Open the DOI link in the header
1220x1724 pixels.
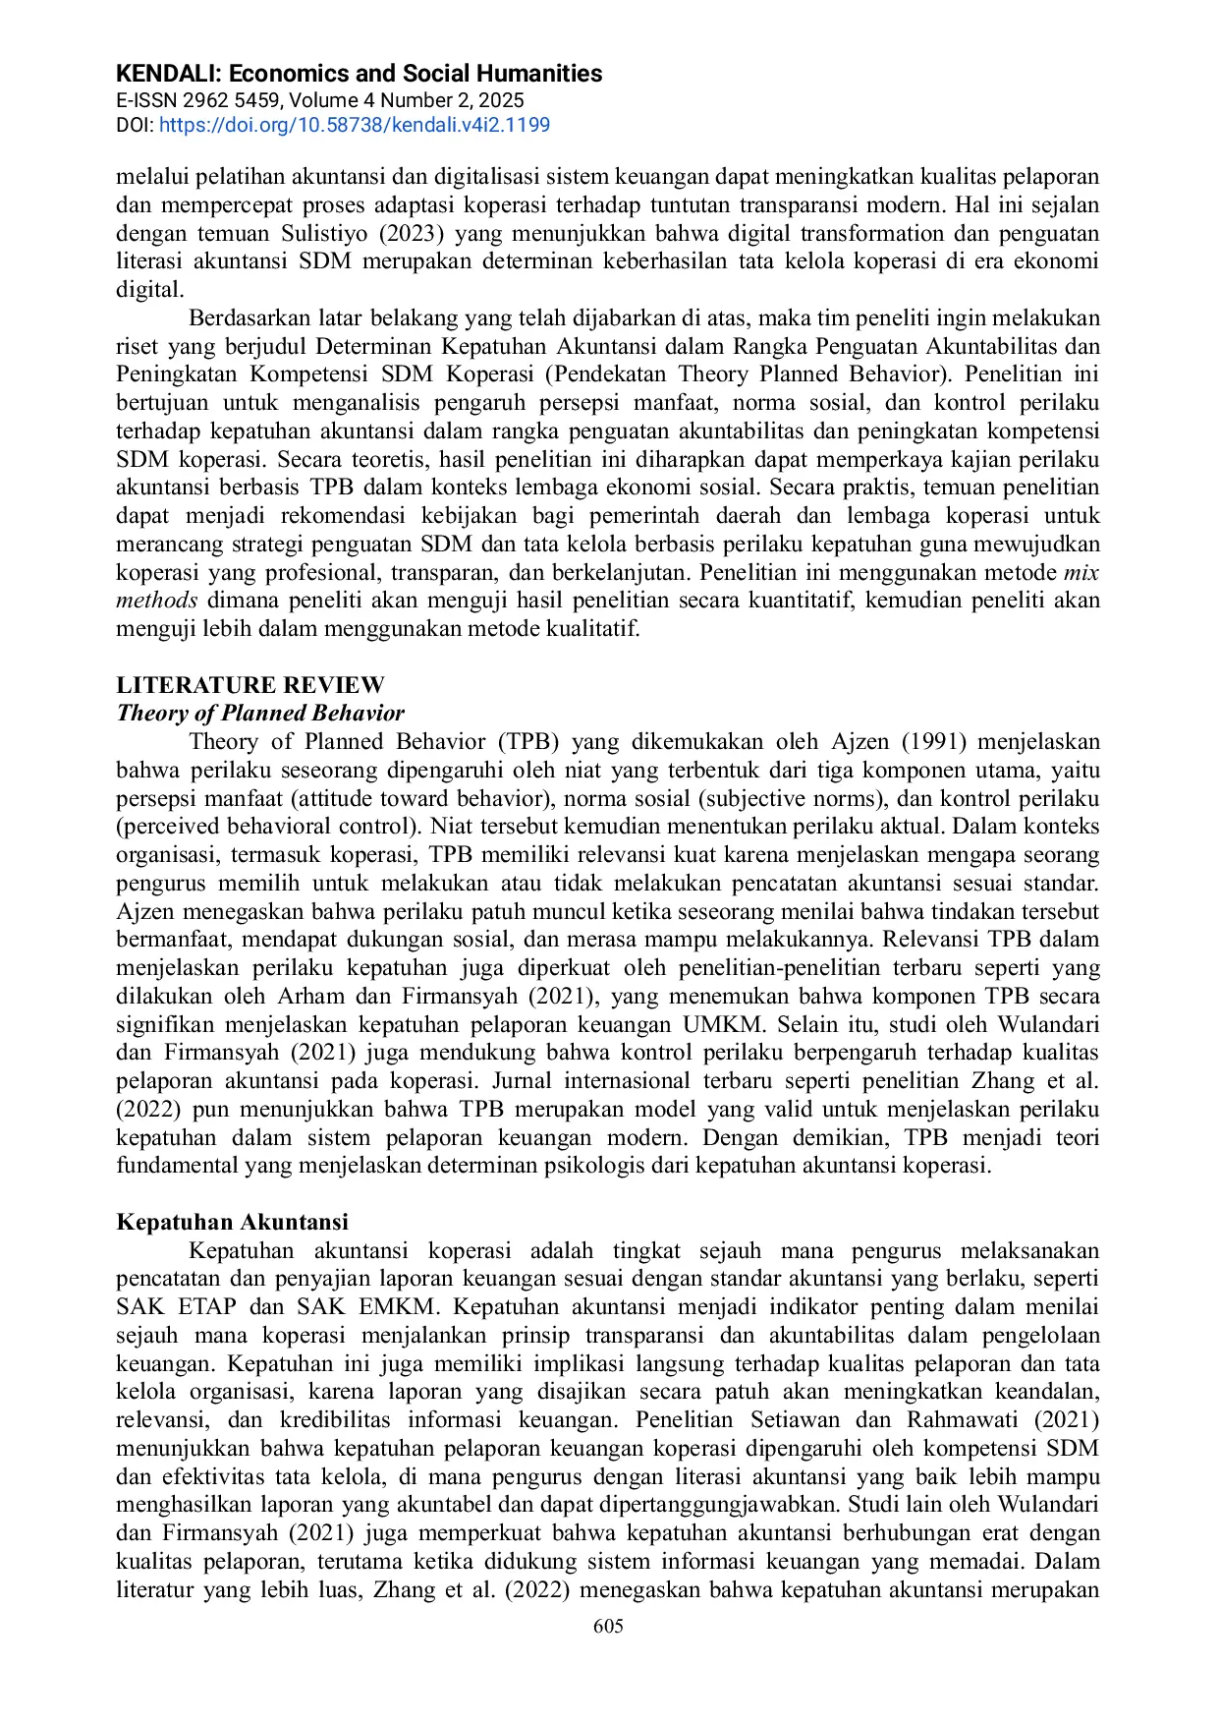(x=354, y=125)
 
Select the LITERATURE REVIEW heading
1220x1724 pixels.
(x=250, y=685)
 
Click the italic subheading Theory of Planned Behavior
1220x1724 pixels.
(x=260, y=713)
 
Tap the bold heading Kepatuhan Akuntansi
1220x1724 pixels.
(x=232, y=1222)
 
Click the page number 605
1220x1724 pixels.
(x=608, y=1627)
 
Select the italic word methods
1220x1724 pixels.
(x=157, y=601)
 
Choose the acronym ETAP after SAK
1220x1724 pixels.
(x=206, y=1307)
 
